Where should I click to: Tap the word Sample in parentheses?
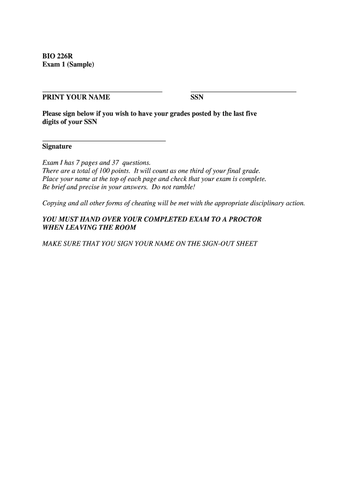[80, 64]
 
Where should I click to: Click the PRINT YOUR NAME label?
[76, 97]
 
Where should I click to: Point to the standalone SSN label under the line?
[197, 97]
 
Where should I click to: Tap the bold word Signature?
[57, 146]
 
